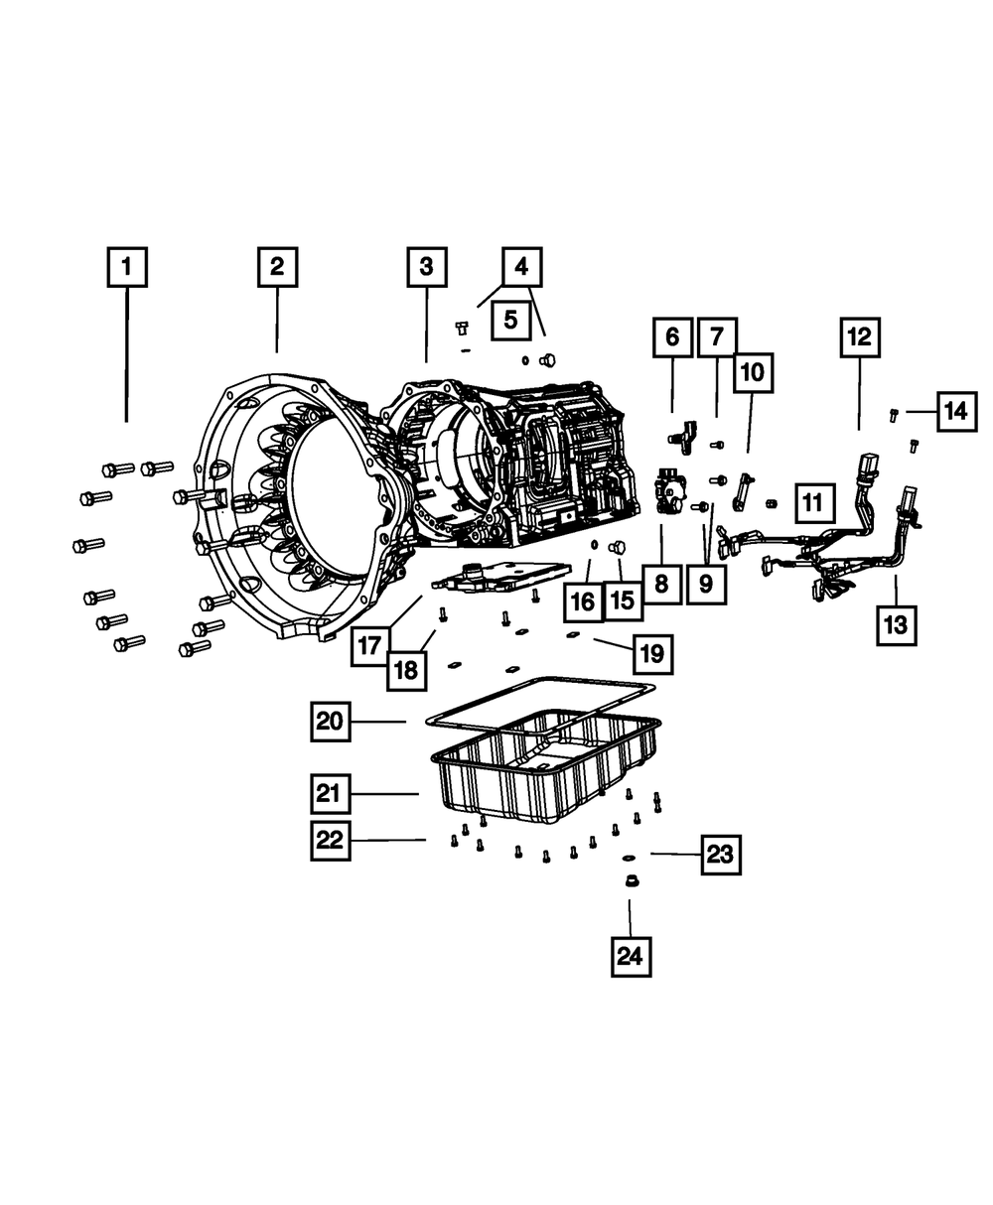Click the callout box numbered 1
(126, 267)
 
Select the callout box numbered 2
(277, 266)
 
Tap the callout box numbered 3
(426, 266)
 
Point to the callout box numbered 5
(509, 320)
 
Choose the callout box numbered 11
(812, 503)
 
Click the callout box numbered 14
(954, 410)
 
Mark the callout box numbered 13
(897, 624)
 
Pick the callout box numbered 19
(650, 654)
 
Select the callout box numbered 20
(330, 722)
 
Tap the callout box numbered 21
(330, 793)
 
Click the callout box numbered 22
(330, 840)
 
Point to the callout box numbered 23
(721, 854)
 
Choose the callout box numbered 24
(630, 956)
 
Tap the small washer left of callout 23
(629, 855)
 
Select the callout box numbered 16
(583, 601)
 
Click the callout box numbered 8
(661, 585)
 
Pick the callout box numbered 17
(369, 646)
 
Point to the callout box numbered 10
(753, 373)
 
